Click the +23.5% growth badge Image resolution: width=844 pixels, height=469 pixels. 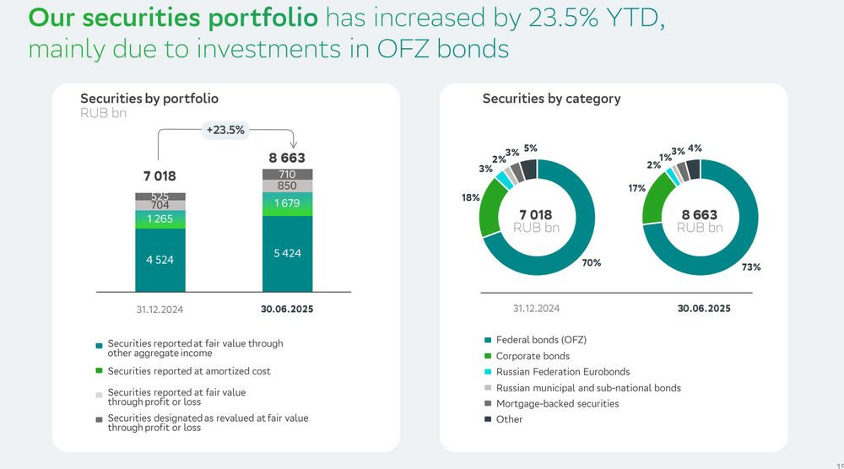tap(225, 130)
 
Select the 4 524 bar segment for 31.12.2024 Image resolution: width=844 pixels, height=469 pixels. tap(160, 260)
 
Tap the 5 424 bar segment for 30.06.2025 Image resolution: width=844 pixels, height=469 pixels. tap(287, 253)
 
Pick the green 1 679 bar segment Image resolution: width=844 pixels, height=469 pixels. tap(287, 203)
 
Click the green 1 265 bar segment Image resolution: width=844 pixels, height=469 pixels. tap(160, 219)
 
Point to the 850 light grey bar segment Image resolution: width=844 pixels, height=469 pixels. tap(287, 186)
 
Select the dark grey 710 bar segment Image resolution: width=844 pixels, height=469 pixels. tap(287, 174)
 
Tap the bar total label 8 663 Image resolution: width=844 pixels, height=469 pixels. tap(287, 158)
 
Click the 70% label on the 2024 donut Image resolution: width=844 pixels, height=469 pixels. tap(591, 262)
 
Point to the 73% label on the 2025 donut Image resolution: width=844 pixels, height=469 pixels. tap(751, 267)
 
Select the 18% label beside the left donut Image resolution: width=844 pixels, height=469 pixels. tap(470, 197)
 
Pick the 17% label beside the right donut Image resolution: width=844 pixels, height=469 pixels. tap(636, 188)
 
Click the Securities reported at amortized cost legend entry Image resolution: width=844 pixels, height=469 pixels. tap(189, 371)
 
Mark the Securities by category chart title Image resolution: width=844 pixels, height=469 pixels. tap(551, 99)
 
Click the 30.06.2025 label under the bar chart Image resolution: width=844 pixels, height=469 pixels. tap(287, 309)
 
